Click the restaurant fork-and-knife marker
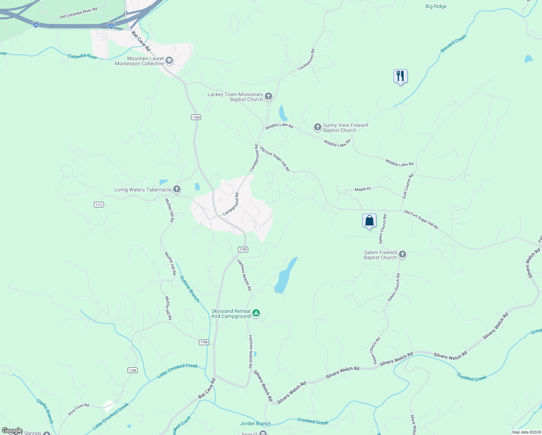coord(400,76)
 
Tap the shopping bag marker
coord(369,220)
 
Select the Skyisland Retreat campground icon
coord(256,313)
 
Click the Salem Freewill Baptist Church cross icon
coord(403,255)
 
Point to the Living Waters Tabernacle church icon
coord(177,189)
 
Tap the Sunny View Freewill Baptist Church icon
coord(317,127)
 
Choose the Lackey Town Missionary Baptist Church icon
coord(268,96)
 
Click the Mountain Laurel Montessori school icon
coord(169,61)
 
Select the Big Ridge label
coord(435,7)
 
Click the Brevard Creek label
coord(454,44)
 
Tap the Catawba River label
coord(83,56)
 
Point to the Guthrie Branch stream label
coord(189,289)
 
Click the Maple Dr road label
coord(363,189)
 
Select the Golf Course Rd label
coord(408,186)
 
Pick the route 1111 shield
coord(99,205)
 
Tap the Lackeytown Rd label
coord(307,60)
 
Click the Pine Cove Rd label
coord(79,409)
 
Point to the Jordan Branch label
coord(255,423)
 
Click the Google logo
coord(12,431)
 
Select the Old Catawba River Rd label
coord(78,13)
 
